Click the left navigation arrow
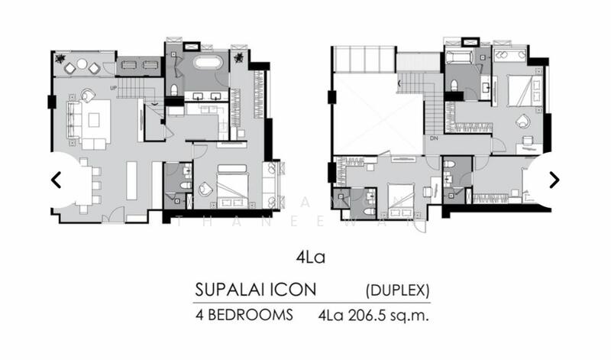pyautogui.click(x=56, y=180)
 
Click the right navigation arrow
pyautogui.click(x=554, y=180)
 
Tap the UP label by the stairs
pyautogui.click(x=115, y=88)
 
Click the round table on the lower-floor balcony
pyautogui.click(x=82, y=64)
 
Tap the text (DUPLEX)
pyautogui.click(x=397, y=290)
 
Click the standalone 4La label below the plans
pyautogui.click(x=310, y=257)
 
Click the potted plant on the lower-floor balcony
pyautogui.click(x=59, y=57)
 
